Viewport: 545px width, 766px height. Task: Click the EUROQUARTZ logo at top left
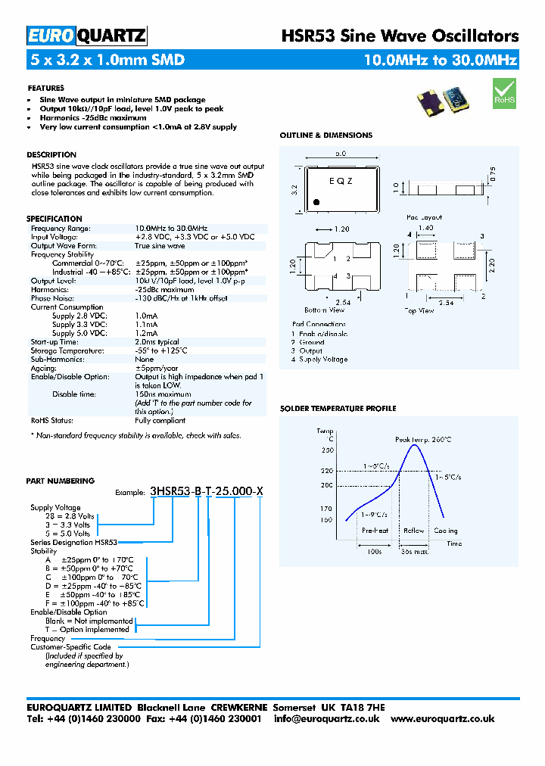86,36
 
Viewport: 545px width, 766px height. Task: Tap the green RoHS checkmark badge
503,95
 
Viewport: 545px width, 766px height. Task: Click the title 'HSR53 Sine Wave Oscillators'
400,36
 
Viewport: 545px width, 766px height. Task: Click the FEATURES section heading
45,88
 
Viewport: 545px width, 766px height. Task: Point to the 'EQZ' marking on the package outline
341,181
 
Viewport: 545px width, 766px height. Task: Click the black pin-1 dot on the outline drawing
317,202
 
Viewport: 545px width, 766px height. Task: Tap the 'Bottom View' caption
324,310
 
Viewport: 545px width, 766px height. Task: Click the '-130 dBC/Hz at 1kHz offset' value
181,298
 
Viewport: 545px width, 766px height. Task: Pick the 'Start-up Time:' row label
57,342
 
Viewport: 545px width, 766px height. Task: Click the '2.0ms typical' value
157,342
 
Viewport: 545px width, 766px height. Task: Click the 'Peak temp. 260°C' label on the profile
423,440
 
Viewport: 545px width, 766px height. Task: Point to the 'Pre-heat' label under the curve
375,531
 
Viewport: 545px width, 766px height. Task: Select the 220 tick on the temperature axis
326,470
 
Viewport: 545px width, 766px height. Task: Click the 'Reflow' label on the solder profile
414,531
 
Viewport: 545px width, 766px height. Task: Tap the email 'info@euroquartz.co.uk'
327,719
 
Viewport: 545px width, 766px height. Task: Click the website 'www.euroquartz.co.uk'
443,719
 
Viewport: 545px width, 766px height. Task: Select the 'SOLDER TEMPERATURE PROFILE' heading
338,409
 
